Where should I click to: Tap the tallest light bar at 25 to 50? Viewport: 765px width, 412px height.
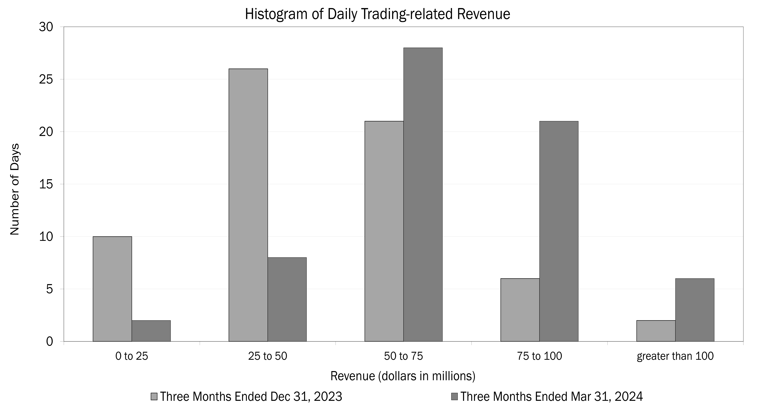click(248, 205)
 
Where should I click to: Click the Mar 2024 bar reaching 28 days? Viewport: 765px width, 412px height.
click(423, 195)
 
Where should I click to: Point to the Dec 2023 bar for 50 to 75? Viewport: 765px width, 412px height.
click(384, 231)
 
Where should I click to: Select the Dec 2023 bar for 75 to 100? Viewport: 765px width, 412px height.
click(520, 310)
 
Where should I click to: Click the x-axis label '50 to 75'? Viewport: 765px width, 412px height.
click(403, 356)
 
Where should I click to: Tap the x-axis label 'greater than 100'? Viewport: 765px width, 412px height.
click(675, 356)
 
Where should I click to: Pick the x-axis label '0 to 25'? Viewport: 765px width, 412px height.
click(132, 356)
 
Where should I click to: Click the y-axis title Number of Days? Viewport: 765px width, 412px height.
click(15, 190)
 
